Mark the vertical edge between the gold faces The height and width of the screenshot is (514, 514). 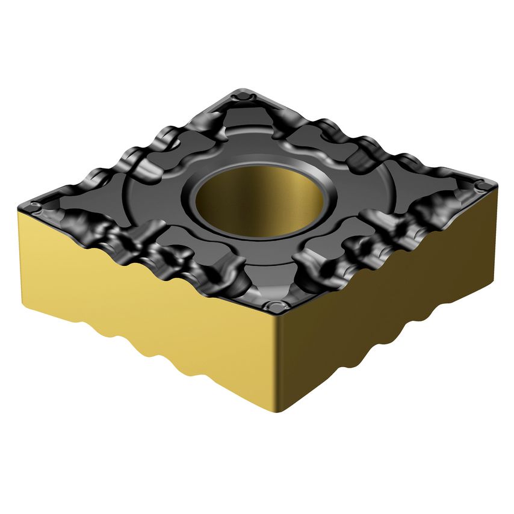pos(278,361)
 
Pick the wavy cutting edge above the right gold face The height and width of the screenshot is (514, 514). pos(391,247)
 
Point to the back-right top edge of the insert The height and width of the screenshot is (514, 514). pos(373,135)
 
